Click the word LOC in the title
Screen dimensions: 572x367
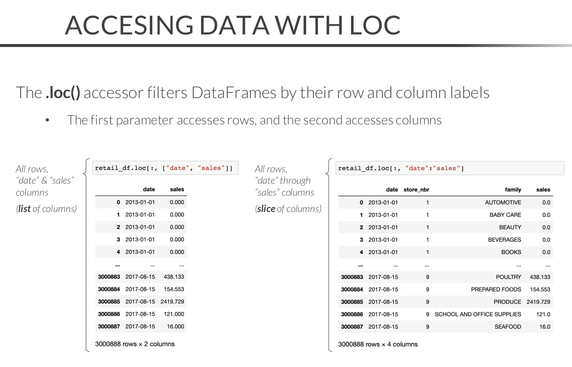point(375,25)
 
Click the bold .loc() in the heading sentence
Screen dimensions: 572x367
point(63,92)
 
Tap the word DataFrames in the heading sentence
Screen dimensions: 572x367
point(234,92)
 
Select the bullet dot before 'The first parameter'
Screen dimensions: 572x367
point(47,120)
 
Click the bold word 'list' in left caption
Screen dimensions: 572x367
point(24,209)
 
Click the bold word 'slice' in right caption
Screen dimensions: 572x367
point(266,209)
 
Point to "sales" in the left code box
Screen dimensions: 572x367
point(211,168)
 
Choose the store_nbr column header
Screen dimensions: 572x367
point(416,189)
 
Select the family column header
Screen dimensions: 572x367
point(513,189)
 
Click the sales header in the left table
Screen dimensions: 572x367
point(177,189)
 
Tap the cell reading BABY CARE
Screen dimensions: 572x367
point(505,215)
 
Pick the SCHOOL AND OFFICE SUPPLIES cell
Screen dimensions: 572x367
point(478,314)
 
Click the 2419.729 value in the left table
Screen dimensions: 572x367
point(172,302)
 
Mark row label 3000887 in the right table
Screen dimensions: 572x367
point(352,326)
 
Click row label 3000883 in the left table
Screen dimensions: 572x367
point(109,277)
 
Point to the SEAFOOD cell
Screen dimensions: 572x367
point(508,326)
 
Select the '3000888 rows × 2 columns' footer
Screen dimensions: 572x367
point(135,344)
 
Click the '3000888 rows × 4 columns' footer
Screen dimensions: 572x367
point(378,345)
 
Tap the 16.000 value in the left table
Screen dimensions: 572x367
point(175,326)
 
